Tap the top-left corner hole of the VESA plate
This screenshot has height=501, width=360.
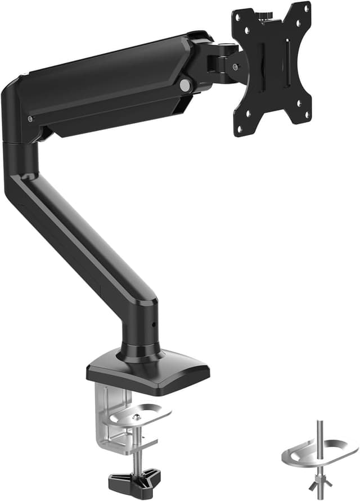coord(238,16)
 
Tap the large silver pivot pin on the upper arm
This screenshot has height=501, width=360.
coord(184,85)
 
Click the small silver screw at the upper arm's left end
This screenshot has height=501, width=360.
coord(29,119)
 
